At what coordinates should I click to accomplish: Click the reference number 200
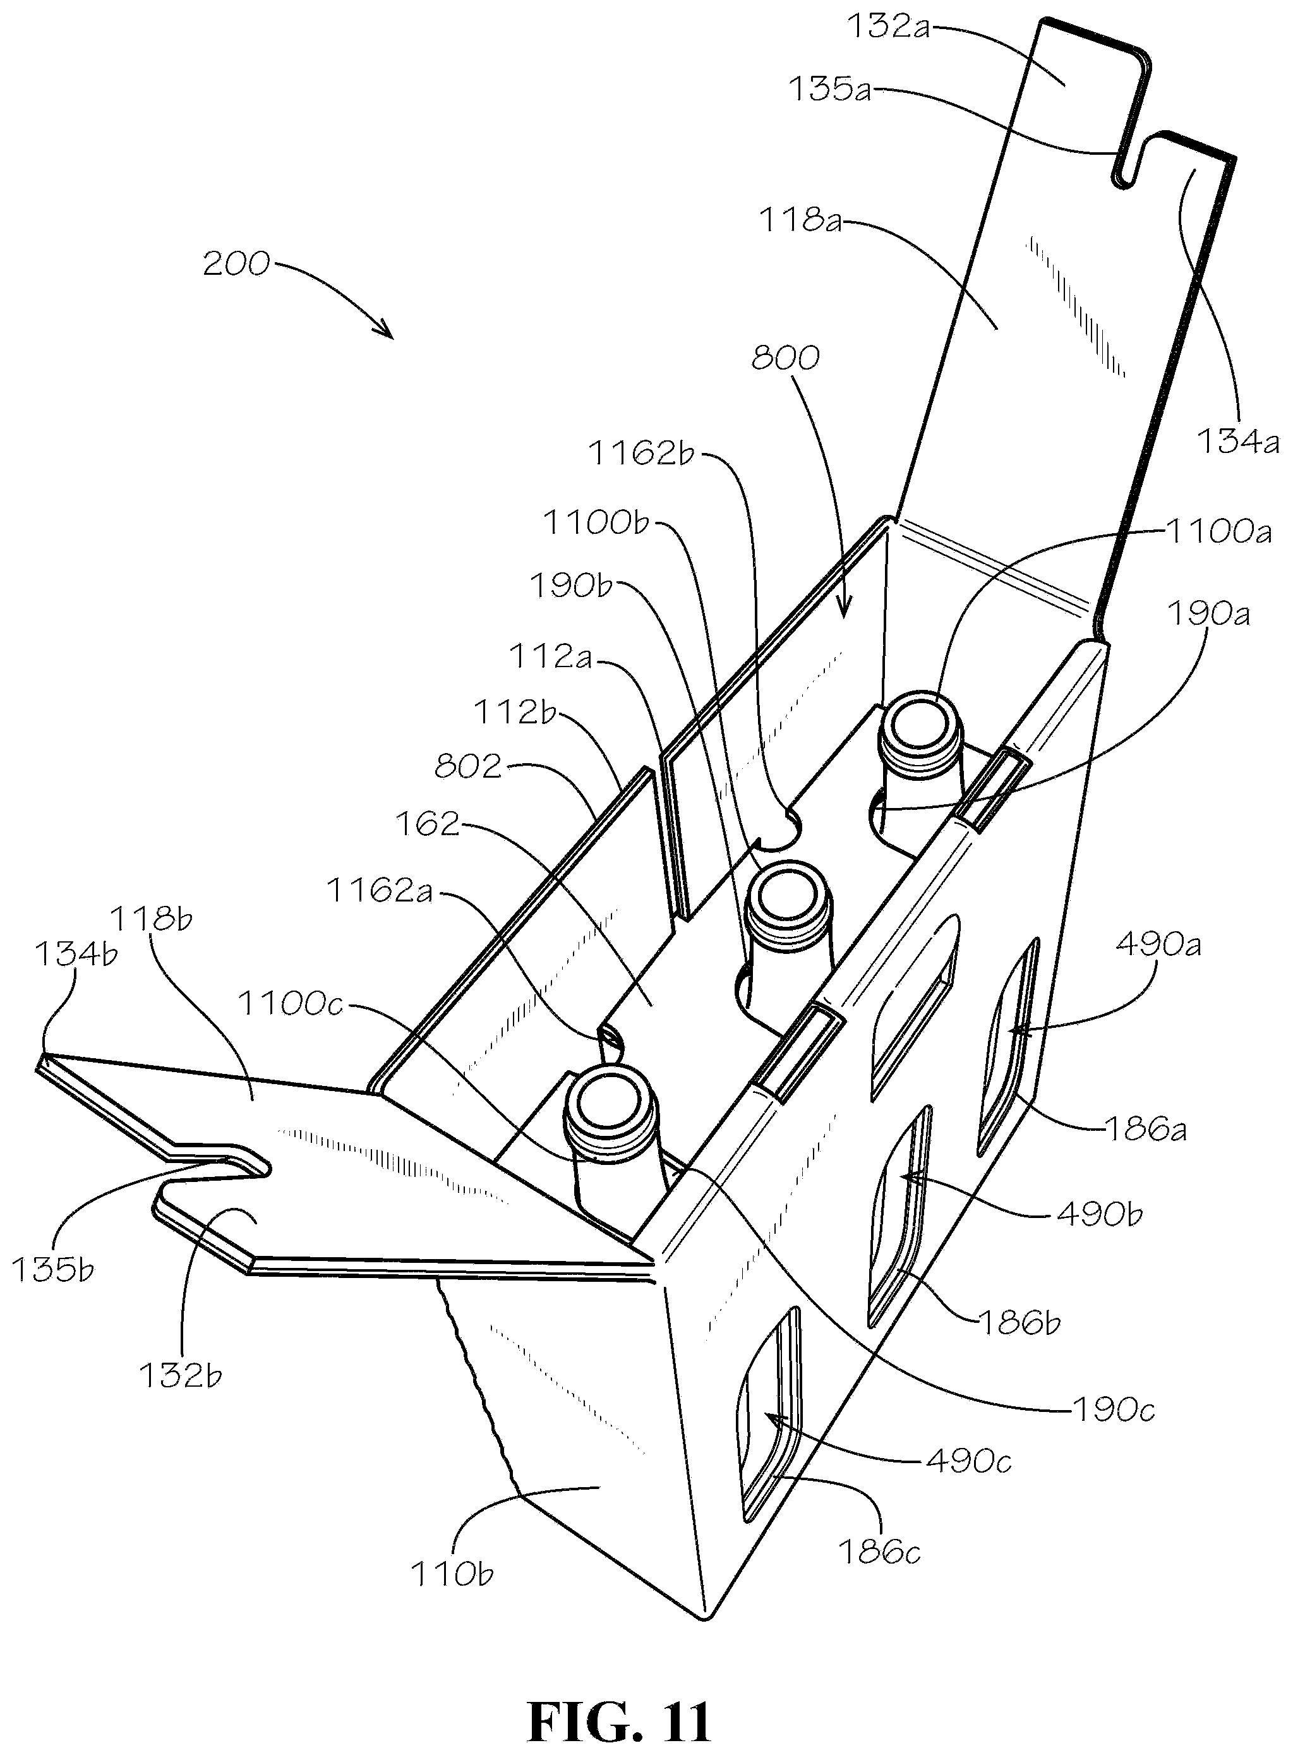coord(236,265)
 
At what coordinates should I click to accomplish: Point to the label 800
coord(785,358)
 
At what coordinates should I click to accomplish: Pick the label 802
coord(467,766)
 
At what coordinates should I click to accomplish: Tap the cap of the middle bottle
coord(785,900)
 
